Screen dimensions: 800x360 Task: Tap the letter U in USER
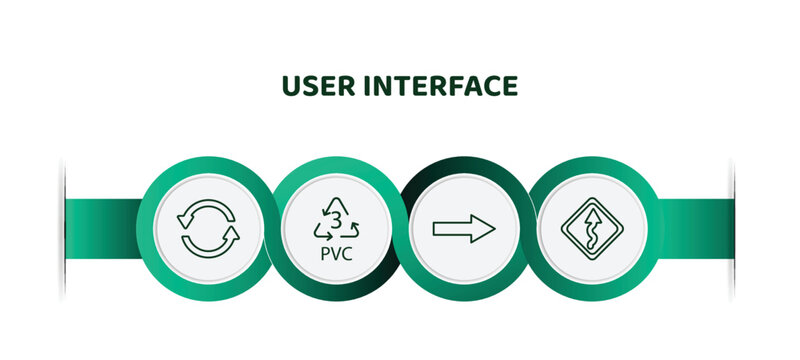(291, 87)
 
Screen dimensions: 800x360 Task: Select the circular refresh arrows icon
(208, 229)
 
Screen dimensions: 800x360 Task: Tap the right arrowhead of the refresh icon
(231, 239)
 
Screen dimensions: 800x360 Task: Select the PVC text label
(336, 253)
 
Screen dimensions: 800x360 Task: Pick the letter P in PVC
(325, 253)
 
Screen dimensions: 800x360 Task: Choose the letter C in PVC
(347, 253)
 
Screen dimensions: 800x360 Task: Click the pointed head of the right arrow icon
(486, 229)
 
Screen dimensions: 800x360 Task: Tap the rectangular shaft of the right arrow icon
(452, 229)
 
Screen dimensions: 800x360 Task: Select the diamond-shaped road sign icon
(593, 229)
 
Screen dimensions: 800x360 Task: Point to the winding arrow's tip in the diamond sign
(593, 210)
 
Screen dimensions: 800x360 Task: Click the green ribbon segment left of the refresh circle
(102, 228)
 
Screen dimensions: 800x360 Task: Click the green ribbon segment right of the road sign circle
(695, 228)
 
